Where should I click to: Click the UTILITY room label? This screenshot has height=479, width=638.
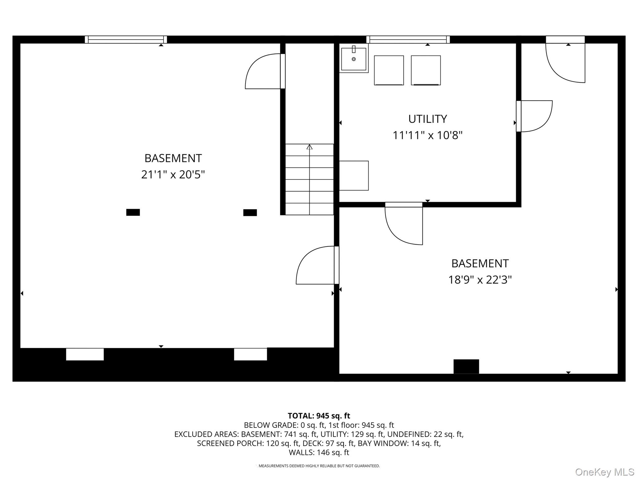click(427, 119)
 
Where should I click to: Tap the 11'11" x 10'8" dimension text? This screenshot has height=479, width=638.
click(427, 135)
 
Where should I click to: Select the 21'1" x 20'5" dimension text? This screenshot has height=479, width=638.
click(173, 174)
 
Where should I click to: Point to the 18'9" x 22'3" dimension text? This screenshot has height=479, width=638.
click(480, 280)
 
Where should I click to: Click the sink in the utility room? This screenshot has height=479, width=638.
click(354, 58)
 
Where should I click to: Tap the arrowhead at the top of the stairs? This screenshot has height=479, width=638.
click(309, 147)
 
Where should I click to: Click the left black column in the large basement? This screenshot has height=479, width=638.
click(133, 212)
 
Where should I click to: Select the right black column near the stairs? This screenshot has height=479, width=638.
click(250, 213)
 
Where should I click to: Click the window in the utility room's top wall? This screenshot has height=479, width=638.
click(408, 40)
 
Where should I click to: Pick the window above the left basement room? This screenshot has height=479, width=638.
click(126, 40)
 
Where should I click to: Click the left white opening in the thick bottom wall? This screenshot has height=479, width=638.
click(85, 354)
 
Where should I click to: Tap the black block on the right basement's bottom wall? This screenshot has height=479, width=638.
click(466, 366)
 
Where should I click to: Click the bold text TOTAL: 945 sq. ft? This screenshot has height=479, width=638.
click(319, 416)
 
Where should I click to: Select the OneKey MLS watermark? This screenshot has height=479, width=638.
click(605, 472)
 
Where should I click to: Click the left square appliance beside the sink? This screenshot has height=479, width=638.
click(389, 70)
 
